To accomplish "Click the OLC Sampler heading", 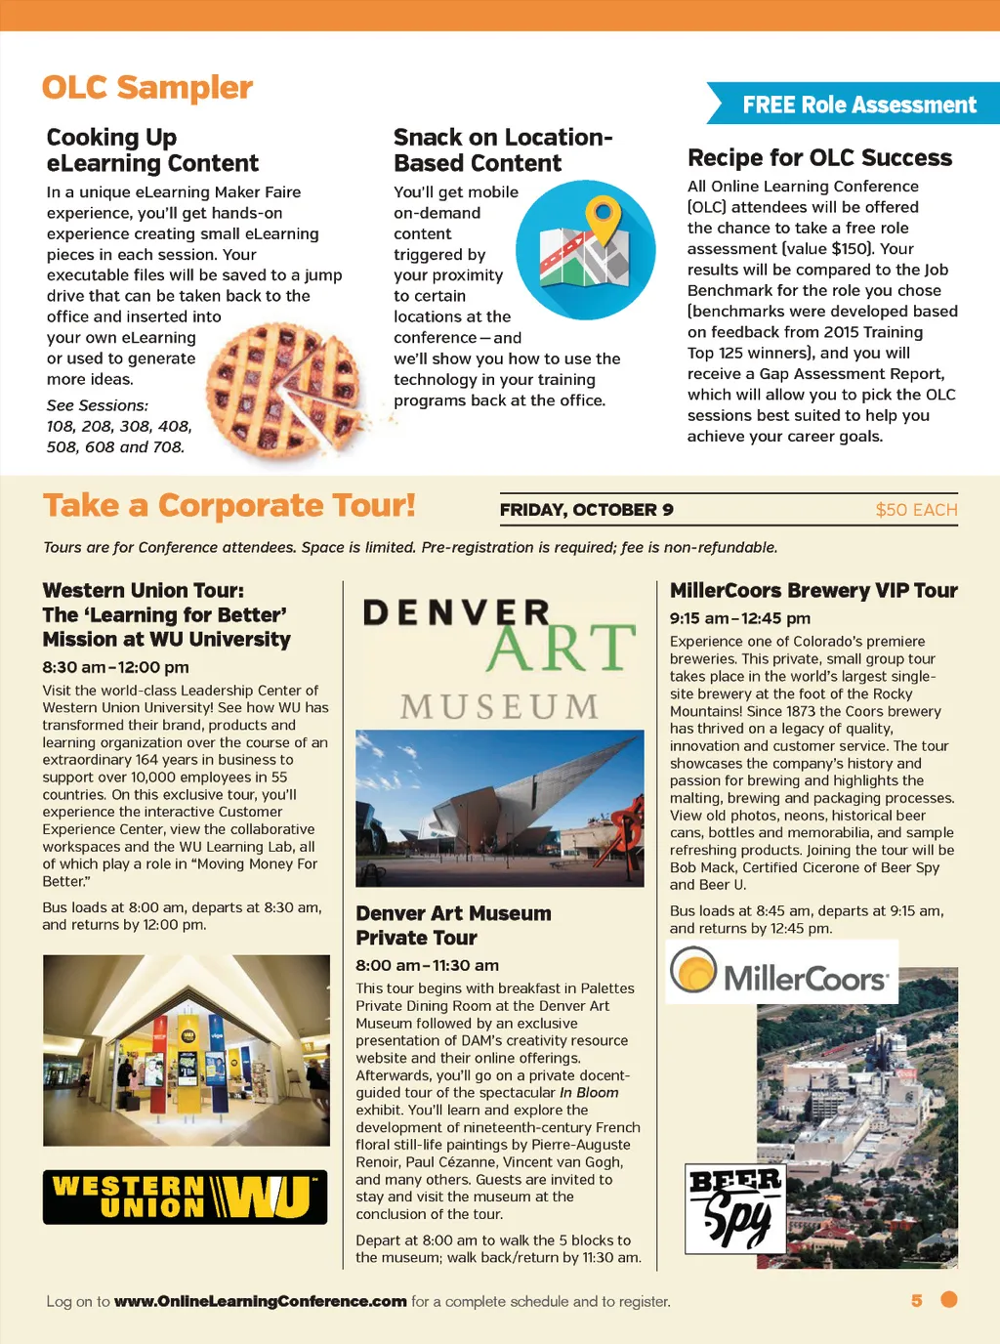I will pyautogui.click(x=147, y=88).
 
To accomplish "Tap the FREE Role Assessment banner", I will pyautogui.click(x=858, y=105).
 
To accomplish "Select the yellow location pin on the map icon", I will pyautogui.click(x=604, y=218).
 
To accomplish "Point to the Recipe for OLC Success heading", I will pyautogui.click(x=819, y=158).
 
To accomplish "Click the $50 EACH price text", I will pyautogui.click(x=916, y=510).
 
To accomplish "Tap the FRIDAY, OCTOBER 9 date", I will pyautogui.click(x=586, y=510).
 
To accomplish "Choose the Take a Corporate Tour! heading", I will pyautogui.click(x=229, y=506).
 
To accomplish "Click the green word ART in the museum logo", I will pyautogui.click(x=561, y=648).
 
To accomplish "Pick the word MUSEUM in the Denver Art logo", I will pyautogui.click(x=499, y=706).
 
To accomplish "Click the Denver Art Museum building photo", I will pyautogui.click(x=499, y=808).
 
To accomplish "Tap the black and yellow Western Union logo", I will pyautogui.click(x=185, y=1197).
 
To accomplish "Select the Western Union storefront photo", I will pyautogui.click(x=186, y=1050).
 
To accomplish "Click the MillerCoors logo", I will pyautogui.click(x=781, y=973).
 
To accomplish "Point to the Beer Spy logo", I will pyautogui.click(x=735, y=1208).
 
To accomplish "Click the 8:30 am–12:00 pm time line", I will pyautogui.click(x=115, y=667).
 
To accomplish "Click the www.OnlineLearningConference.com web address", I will pyautogui.click(x=260, y=1301).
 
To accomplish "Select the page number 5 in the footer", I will pyautogui.click(x=916, y=1300).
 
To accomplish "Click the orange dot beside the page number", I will pyautogui.click(x=948, y=1299).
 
